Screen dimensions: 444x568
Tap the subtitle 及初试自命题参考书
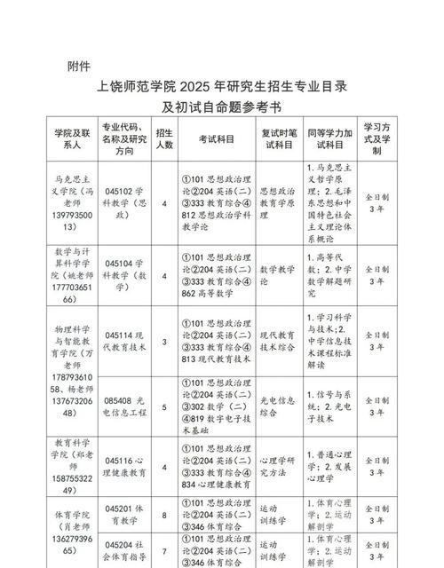pos(221,107)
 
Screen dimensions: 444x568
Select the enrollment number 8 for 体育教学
pos(164,513)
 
